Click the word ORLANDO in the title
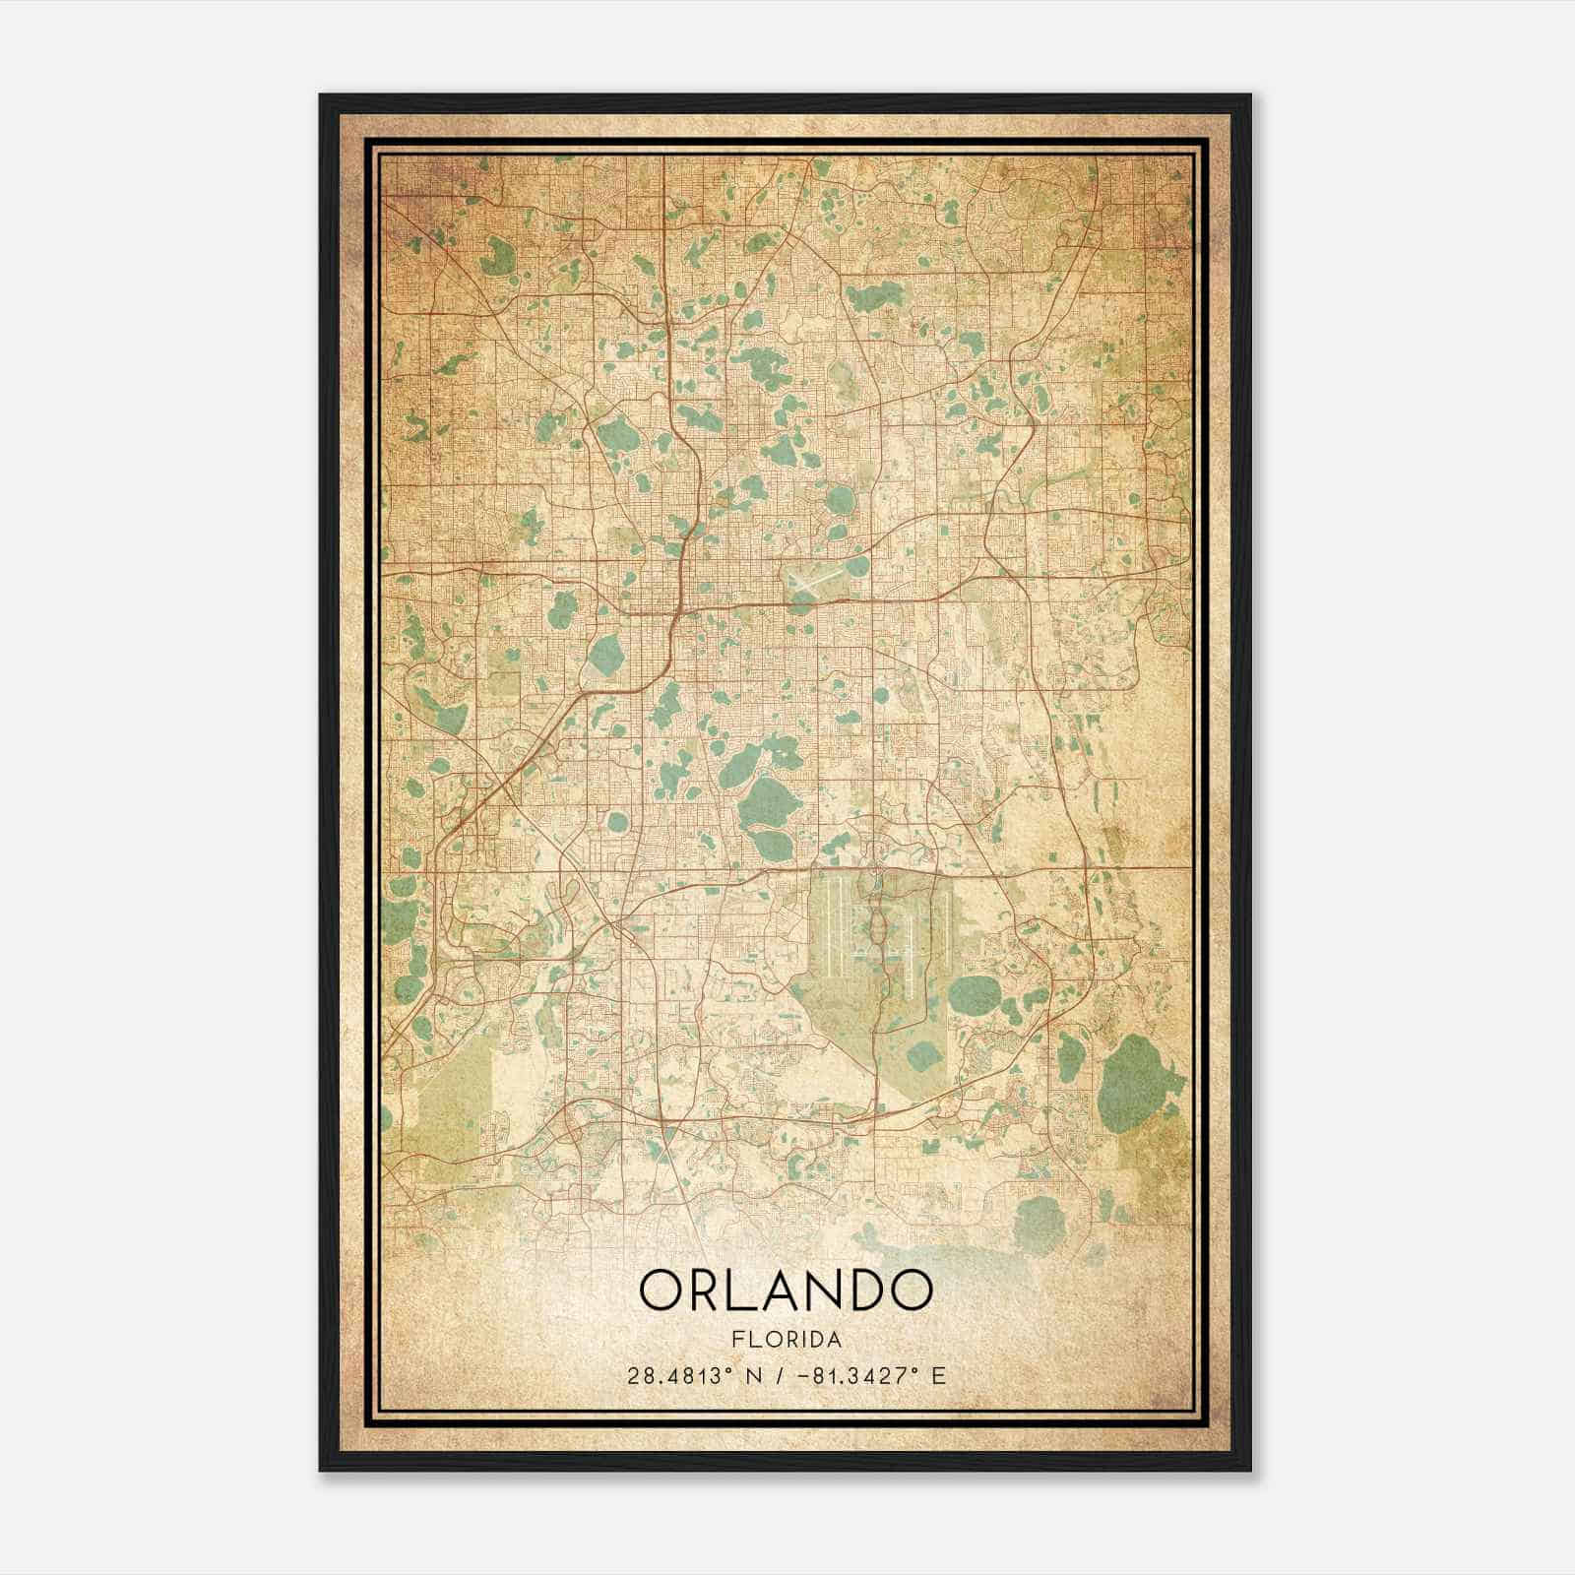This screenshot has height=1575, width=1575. click(786, 1290)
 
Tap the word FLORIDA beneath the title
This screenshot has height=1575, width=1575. click(786, 1340)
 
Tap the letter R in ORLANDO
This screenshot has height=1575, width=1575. click(700, 1290)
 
